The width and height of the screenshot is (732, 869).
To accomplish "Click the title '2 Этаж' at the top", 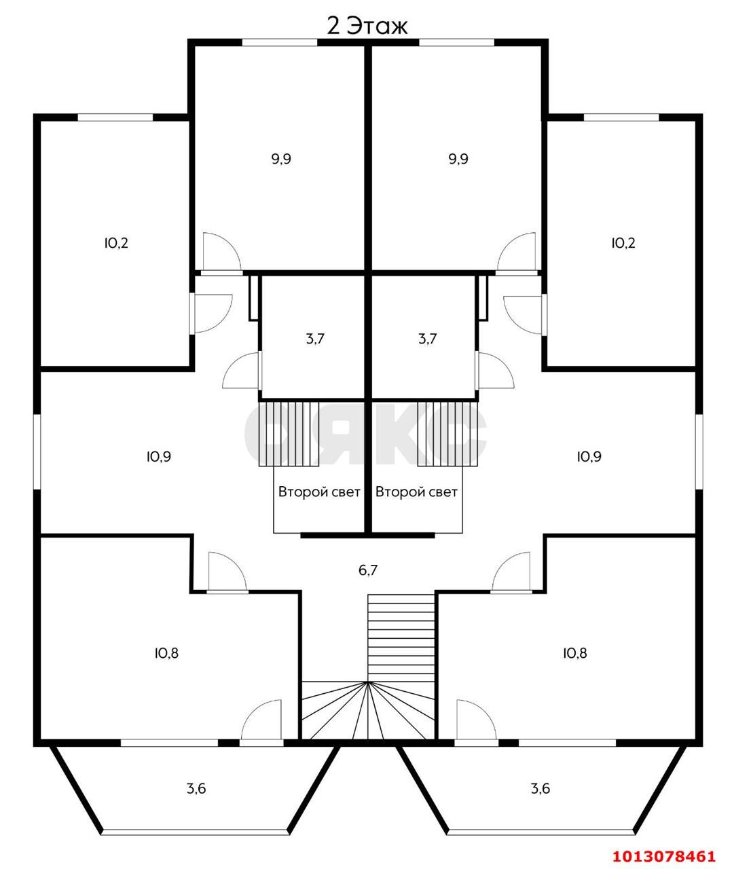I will point(367,26).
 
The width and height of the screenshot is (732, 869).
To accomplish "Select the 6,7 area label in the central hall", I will point(367,570).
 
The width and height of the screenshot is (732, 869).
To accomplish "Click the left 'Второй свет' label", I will point(319,492).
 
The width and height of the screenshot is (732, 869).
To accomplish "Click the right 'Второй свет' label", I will point(416,492).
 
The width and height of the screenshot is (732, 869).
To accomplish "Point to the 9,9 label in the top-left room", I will point(281,159).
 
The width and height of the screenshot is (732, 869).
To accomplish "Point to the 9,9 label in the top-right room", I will point(458,159).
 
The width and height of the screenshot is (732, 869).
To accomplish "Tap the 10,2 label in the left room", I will point(116,242).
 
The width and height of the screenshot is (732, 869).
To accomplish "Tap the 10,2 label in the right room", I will point(623,242).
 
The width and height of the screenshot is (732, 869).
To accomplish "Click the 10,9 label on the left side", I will point(158,456).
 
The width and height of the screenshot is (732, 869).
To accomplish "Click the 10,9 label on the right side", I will point(589,456).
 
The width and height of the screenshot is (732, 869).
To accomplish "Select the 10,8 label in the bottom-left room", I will point(166,653).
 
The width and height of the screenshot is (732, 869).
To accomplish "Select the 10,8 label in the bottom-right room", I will point(574,653).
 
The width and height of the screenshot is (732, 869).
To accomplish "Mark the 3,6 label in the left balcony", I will point(196,788).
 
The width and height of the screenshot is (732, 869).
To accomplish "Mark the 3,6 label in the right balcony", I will point(541,788).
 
